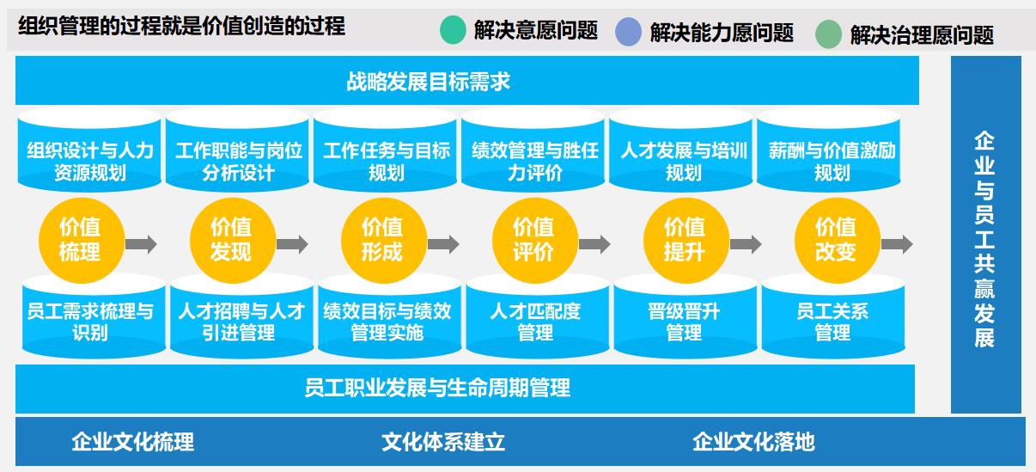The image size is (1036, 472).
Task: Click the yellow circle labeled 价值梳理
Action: point(80,240)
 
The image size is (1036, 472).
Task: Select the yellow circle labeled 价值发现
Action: point(231,240)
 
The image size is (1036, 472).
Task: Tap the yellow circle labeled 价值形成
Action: point(382,240)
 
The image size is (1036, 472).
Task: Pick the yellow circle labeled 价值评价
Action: point(533,240)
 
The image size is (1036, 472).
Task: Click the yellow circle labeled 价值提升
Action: point(685,240)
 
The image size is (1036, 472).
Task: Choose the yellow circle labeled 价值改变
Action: point(836,240)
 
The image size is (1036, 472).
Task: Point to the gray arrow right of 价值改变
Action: point(897,244)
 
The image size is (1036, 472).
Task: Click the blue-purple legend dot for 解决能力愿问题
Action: point(629,32)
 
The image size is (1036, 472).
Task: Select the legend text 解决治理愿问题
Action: point(922,35)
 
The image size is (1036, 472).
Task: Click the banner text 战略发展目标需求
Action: point(429,83)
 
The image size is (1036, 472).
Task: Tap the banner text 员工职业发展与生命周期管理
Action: point(437,388)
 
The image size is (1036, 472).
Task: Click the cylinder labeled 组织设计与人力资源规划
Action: point(90,153)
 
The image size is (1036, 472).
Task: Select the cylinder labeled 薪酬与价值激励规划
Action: point(832,153)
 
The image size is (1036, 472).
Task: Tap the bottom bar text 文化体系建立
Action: point(443,442)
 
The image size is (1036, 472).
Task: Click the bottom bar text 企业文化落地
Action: point(753,442)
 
